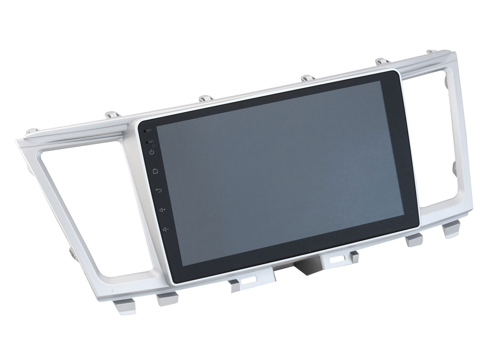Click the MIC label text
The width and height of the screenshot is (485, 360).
coord(149,130)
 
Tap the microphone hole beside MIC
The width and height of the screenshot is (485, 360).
coord(145,131)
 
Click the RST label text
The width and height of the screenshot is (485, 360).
coord(151,142)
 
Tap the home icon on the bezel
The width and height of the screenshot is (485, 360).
coord(155,171)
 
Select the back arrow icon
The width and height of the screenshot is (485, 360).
coord(159,190)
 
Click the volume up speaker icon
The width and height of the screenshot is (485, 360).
coord(162,210)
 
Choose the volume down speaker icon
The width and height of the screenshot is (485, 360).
coord(166,229)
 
